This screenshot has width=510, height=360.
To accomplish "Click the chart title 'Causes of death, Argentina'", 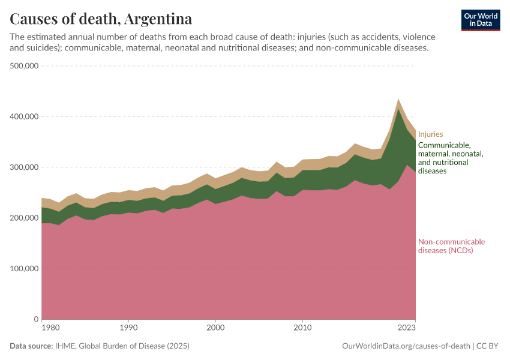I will pos(101,19).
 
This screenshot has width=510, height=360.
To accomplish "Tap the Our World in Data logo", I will pos(481,20).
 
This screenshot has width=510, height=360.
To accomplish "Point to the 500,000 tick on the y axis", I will pos(25,66).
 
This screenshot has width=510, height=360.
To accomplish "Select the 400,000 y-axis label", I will pos(25,116).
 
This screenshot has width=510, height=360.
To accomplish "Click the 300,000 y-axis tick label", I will pos(25,167).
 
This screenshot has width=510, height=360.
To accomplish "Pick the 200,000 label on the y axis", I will pos(25,218).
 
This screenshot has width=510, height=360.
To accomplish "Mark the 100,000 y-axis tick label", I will pos(25,269).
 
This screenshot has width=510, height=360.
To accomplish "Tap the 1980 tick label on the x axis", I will pos(50,328).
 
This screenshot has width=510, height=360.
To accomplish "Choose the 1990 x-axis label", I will pos(128,328).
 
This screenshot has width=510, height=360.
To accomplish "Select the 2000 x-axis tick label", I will pos(215,328).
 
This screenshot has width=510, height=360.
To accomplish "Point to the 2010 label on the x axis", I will pos(303,328).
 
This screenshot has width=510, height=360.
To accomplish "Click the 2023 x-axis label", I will pos(406,328).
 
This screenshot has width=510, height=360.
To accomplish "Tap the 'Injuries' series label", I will pos(430,134).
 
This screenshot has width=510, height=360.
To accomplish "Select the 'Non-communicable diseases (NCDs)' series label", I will pos(451,246).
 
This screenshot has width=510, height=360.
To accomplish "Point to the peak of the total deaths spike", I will pos(398,99).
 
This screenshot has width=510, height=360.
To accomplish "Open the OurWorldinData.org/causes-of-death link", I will pos(405,346).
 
